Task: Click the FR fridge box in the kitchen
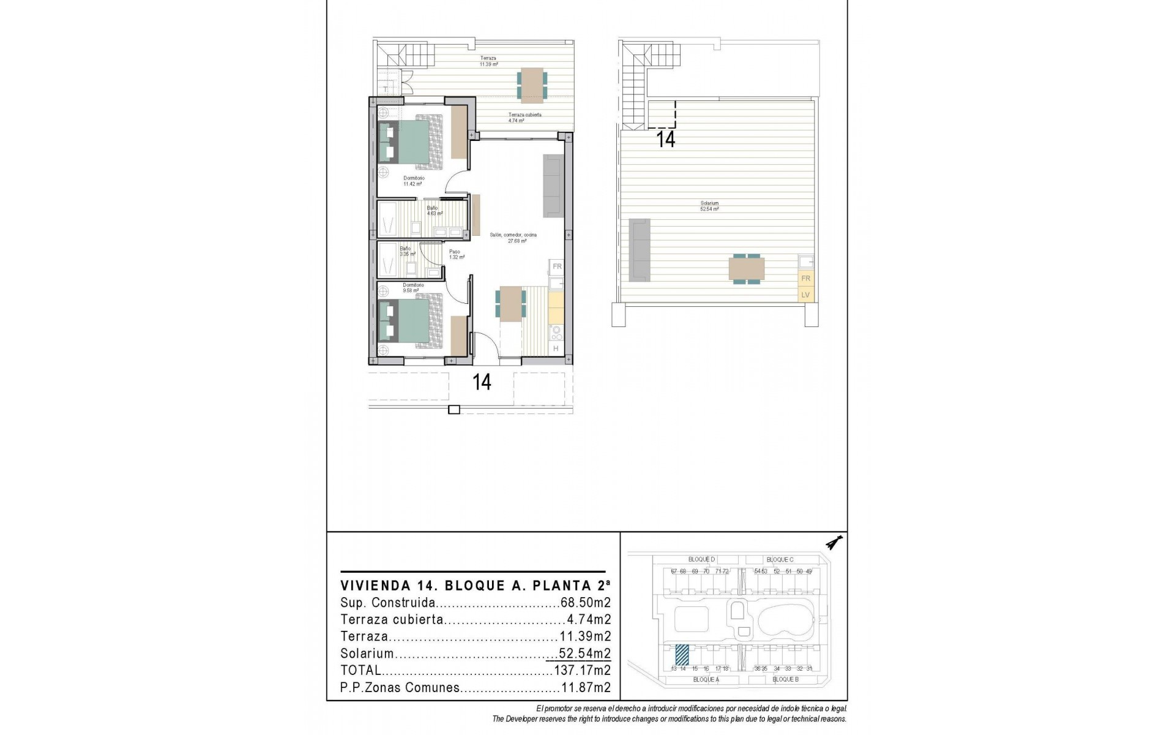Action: (557, 266)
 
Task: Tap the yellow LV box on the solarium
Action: (805, 295)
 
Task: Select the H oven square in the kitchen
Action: (556, 349)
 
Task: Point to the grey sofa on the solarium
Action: (640, 250)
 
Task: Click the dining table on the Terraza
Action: (532, 84)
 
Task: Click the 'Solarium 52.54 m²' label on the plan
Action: (710, 206)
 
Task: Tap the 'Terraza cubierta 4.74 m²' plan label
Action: (524, 118)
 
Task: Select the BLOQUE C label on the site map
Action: (780, 560)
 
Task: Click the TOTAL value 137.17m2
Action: (582, 671)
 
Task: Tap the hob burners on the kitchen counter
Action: (556, 333)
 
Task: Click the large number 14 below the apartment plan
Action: (482, 382)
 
